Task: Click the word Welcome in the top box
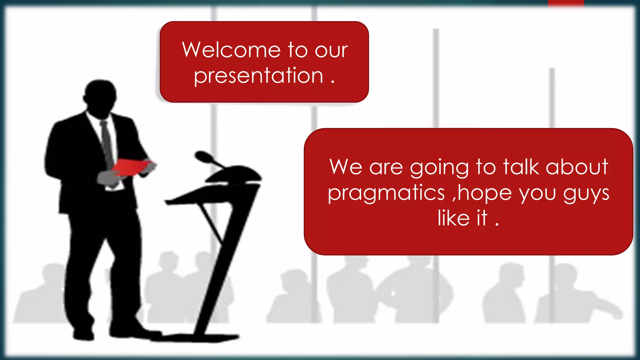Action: [231, 50]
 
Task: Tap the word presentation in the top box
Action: [258, 76]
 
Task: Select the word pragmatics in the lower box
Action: [386, 193]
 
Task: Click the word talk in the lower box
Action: [521, 167]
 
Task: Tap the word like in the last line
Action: [453, 218]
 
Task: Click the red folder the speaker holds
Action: [131, 167]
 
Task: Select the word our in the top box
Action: [331, 50]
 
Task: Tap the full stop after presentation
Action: [332, 82]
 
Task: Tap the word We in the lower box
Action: [346, 167]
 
